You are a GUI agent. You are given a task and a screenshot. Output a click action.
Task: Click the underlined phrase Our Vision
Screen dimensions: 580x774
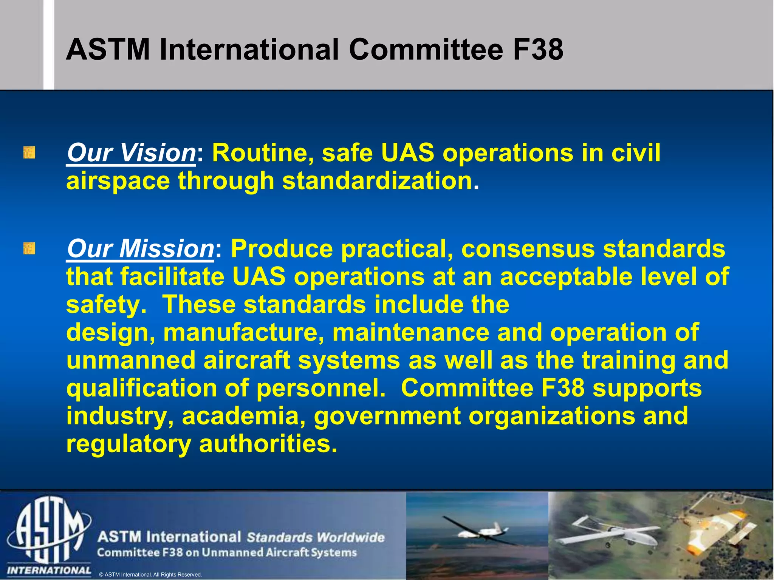[x=131, y=153]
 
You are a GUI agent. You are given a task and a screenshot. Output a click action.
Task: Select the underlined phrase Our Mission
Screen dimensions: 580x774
[x=141, y=249]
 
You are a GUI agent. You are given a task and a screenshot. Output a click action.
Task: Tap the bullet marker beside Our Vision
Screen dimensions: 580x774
[x=29, y=153]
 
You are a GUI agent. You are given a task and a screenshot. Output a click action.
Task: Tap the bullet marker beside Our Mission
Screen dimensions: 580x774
[x=29, y=249]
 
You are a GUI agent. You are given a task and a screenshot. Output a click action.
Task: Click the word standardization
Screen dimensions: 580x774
[x=377, y=181]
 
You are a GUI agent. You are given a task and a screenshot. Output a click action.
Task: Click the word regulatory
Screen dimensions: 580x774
[x=128, y=444]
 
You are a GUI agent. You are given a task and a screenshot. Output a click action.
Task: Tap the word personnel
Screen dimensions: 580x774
[x=320, y=388]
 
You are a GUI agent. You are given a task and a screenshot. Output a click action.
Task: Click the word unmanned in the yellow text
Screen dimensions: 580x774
[x=131, y=360]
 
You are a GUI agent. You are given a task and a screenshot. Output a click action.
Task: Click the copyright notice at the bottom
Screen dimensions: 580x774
[x=150, y=575]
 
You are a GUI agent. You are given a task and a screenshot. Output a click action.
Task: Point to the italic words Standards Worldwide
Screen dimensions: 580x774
[x=315, y=537]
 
